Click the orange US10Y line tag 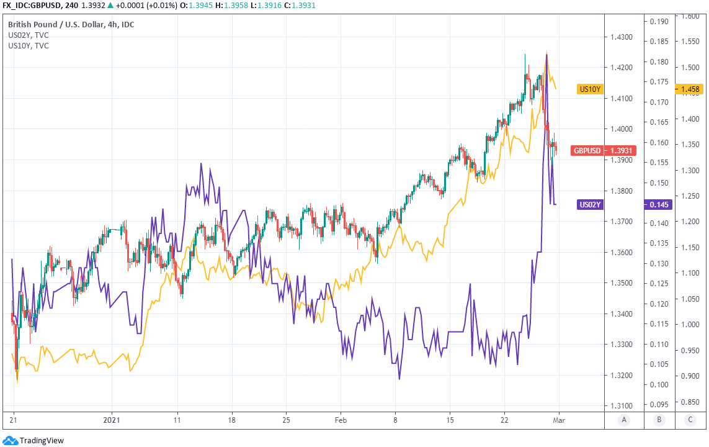coord(590,89)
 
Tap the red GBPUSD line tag coord(587,150)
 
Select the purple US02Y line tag coord(590,204)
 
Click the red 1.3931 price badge coord(620,150)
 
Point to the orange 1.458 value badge coord(689,89)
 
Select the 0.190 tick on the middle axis coord(659,22)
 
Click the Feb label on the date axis coord(341,420)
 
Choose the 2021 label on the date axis coord(112,420)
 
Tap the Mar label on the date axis coord(558,420)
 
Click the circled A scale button coord(623,420)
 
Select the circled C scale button coord(690,420)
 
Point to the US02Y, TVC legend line coord(29,35)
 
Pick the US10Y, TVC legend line coord(29,45)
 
